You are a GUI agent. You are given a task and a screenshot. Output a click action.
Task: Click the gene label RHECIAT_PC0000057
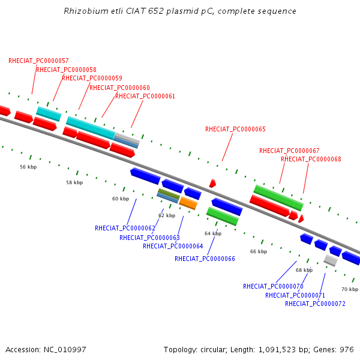click(x=38, y=61)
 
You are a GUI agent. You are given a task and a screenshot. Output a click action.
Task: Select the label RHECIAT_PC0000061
click(x=145, y=96)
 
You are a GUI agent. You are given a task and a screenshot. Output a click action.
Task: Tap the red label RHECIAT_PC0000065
click(x=235, y=129)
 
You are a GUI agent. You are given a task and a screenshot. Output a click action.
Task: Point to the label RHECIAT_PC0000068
click(x=311, y=159)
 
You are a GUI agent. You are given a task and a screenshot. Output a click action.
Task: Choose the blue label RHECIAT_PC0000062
click(x=125, y=228)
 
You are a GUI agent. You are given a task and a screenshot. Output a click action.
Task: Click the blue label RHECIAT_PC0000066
click(x=205, y=259)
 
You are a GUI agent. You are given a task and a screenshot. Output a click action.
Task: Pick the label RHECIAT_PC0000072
click(x=315, y=304)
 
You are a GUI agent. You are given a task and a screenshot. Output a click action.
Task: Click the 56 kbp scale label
click(x=28, y=167)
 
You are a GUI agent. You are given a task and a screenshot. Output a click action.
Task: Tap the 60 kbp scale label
click(x=121, y=199)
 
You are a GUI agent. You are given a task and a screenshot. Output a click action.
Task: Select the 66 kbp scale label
click(x=259, y=251)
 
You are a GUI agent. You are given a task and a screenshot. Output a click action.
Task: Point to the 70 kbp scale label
click(x=350, y=289)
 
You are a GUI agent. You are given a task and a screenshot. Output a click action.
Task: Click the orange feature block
click(x=188, y=203)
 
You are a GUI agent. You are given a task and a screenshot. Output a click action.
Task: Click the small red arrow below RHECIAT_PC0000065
click(x=212, y=184)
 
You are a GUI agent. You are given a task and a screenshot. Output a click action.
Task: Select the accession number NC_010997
click(x=65, y=350)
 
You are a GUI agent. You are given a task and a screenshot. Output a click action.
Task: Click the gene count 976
click(x=347, y=350)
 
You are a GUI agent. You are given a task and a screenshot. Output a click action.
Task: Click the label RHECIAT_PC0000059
click(x=92, y=78)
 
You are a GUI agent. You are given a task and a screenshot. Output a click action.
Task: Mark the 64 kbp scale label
click(x=213, y=234)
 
